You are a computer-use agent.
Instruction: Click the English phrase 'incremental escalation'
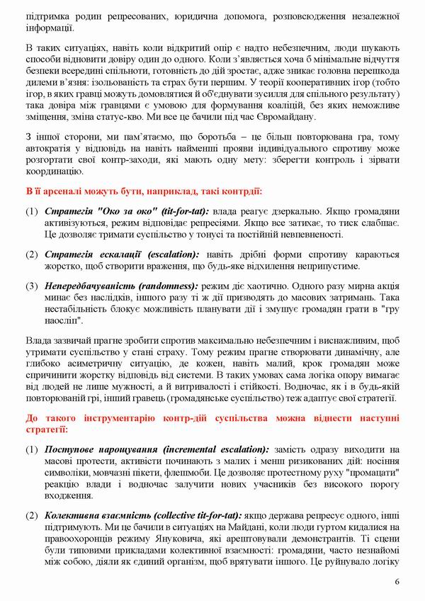pyautogui.click(x=215, y=450)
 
